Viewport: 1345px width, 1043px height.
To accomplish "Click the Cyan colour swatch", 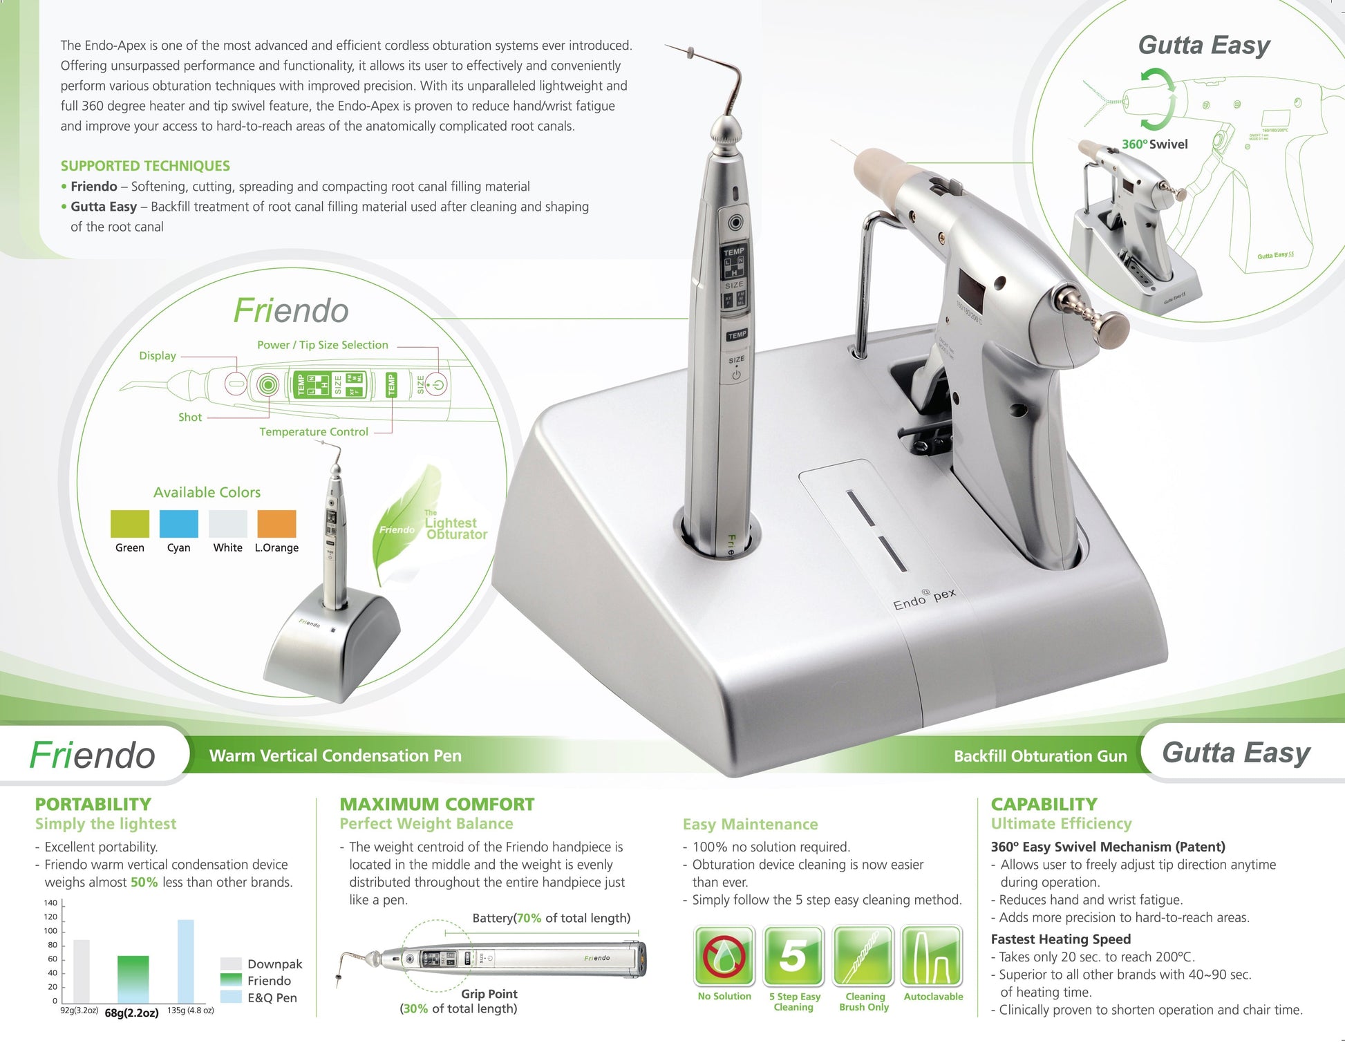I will tap(178, 524).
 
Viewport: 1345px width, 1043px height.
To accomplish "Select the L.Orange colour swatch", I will tap(276, 524).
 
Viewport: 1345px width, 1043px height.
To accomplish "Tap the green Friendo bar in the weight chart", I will tap(133, 979).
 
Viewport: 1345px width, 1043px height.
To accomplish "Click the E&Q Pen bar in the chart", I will tap(185, 961).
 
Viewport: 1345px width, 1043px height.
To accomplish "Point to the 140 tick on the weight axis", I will tap(50, 903).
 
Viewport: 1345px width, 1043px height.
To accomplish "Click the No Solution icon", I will tap(724, 957).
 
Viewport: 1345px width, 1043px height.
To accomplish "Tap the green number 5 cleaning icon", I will tap(793, 957).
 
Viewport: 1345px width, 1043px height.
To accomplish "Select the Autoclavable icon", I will tap(932, 957).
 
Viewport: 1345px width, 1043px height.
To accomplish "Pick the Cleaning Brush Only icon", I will tap(863, 957).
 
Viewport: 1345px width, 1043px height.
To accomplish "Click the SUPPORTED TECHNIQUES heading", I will tap(145, 166).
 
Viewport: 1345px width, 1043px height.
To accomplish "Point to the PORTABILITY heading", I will tap(93, 805).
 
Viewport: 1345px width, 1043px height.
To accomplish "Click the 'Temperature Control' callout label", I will tap(314, 432).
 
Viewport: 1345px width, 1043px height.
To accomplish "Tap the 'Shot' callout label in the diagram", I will tap(190, 417).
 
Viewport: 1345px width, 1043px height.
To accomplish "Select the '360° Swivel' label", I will tap(1154, 144).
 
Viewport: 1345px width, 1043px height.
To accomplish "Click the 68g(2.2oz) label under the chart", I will tap(131, 1013).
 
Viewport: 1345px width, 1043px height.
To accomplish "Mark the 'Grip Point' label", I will tap(489, 994).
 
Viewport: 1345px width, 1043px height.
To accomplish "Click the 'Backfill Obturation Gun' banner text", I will tap(1040, 756).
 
